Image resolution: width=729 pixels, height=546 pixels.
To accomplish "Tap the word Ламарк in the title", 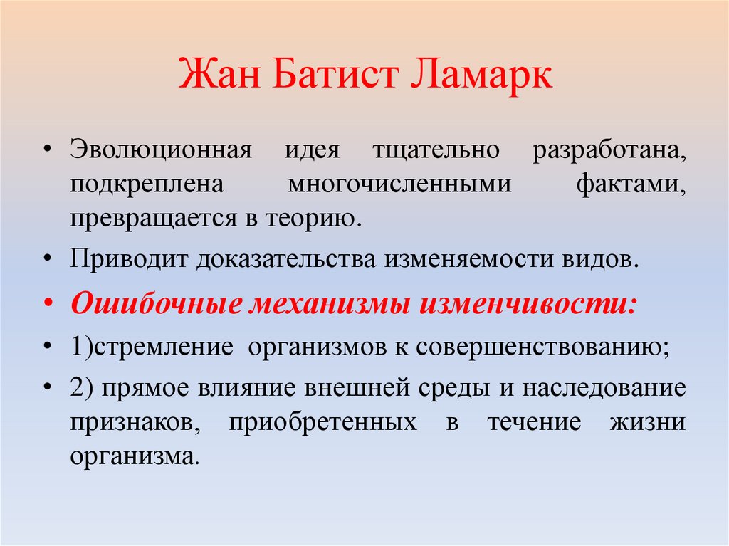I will (481, 75).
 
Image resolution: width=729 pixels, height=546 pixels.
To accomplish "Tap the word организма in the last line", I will (132, 455).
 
